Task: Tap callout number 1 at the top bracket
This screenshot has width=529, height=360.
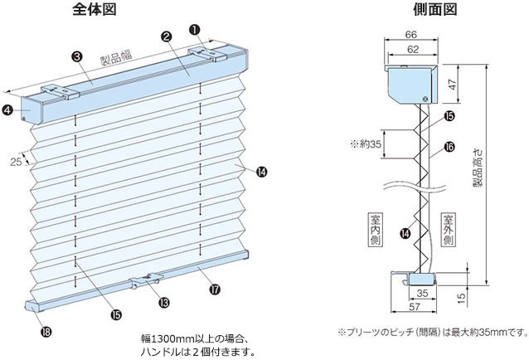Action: [x=195, y=28]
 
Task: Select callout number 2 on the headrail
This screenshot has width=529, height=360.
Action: [x=167, y=37]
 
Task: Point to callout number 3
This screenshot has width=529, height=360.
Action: [x=76, y=56]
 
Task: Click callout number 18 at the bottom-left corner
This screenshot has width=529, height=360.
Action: [x=46, y=332]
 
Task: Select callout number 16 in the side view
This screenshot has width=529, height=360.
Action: [x=449, y=146]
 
